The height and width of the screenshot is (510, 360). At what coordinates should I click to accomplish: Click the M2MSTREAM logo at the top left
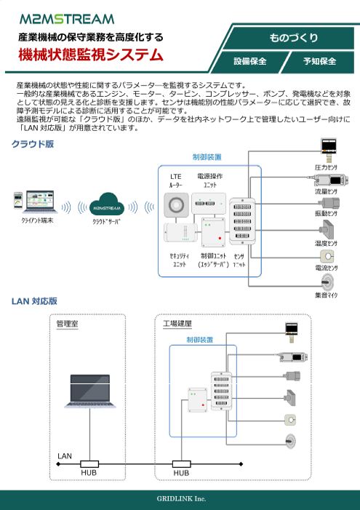67,18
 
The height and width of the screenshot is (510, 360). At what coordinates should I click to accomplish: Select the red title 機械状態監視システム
90,54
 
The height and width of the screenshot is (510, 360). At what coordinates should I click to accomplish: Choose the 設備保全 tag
249,61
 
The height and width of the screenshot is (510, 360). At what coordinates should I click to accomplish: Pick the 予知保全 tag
319,61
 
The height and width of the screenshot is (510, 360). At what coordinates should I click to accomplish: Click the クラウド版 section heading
32,144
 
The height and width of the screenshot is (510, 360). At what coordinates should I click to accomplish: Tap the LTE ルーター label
176,180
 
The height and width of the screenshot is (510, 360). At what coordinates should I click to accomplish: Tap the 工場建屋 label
177,324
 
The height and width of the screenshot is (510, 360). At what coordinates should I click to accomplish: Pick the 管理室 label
68,324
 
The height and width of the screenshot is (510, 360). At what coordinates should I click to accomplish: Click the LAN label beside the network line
65,455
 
